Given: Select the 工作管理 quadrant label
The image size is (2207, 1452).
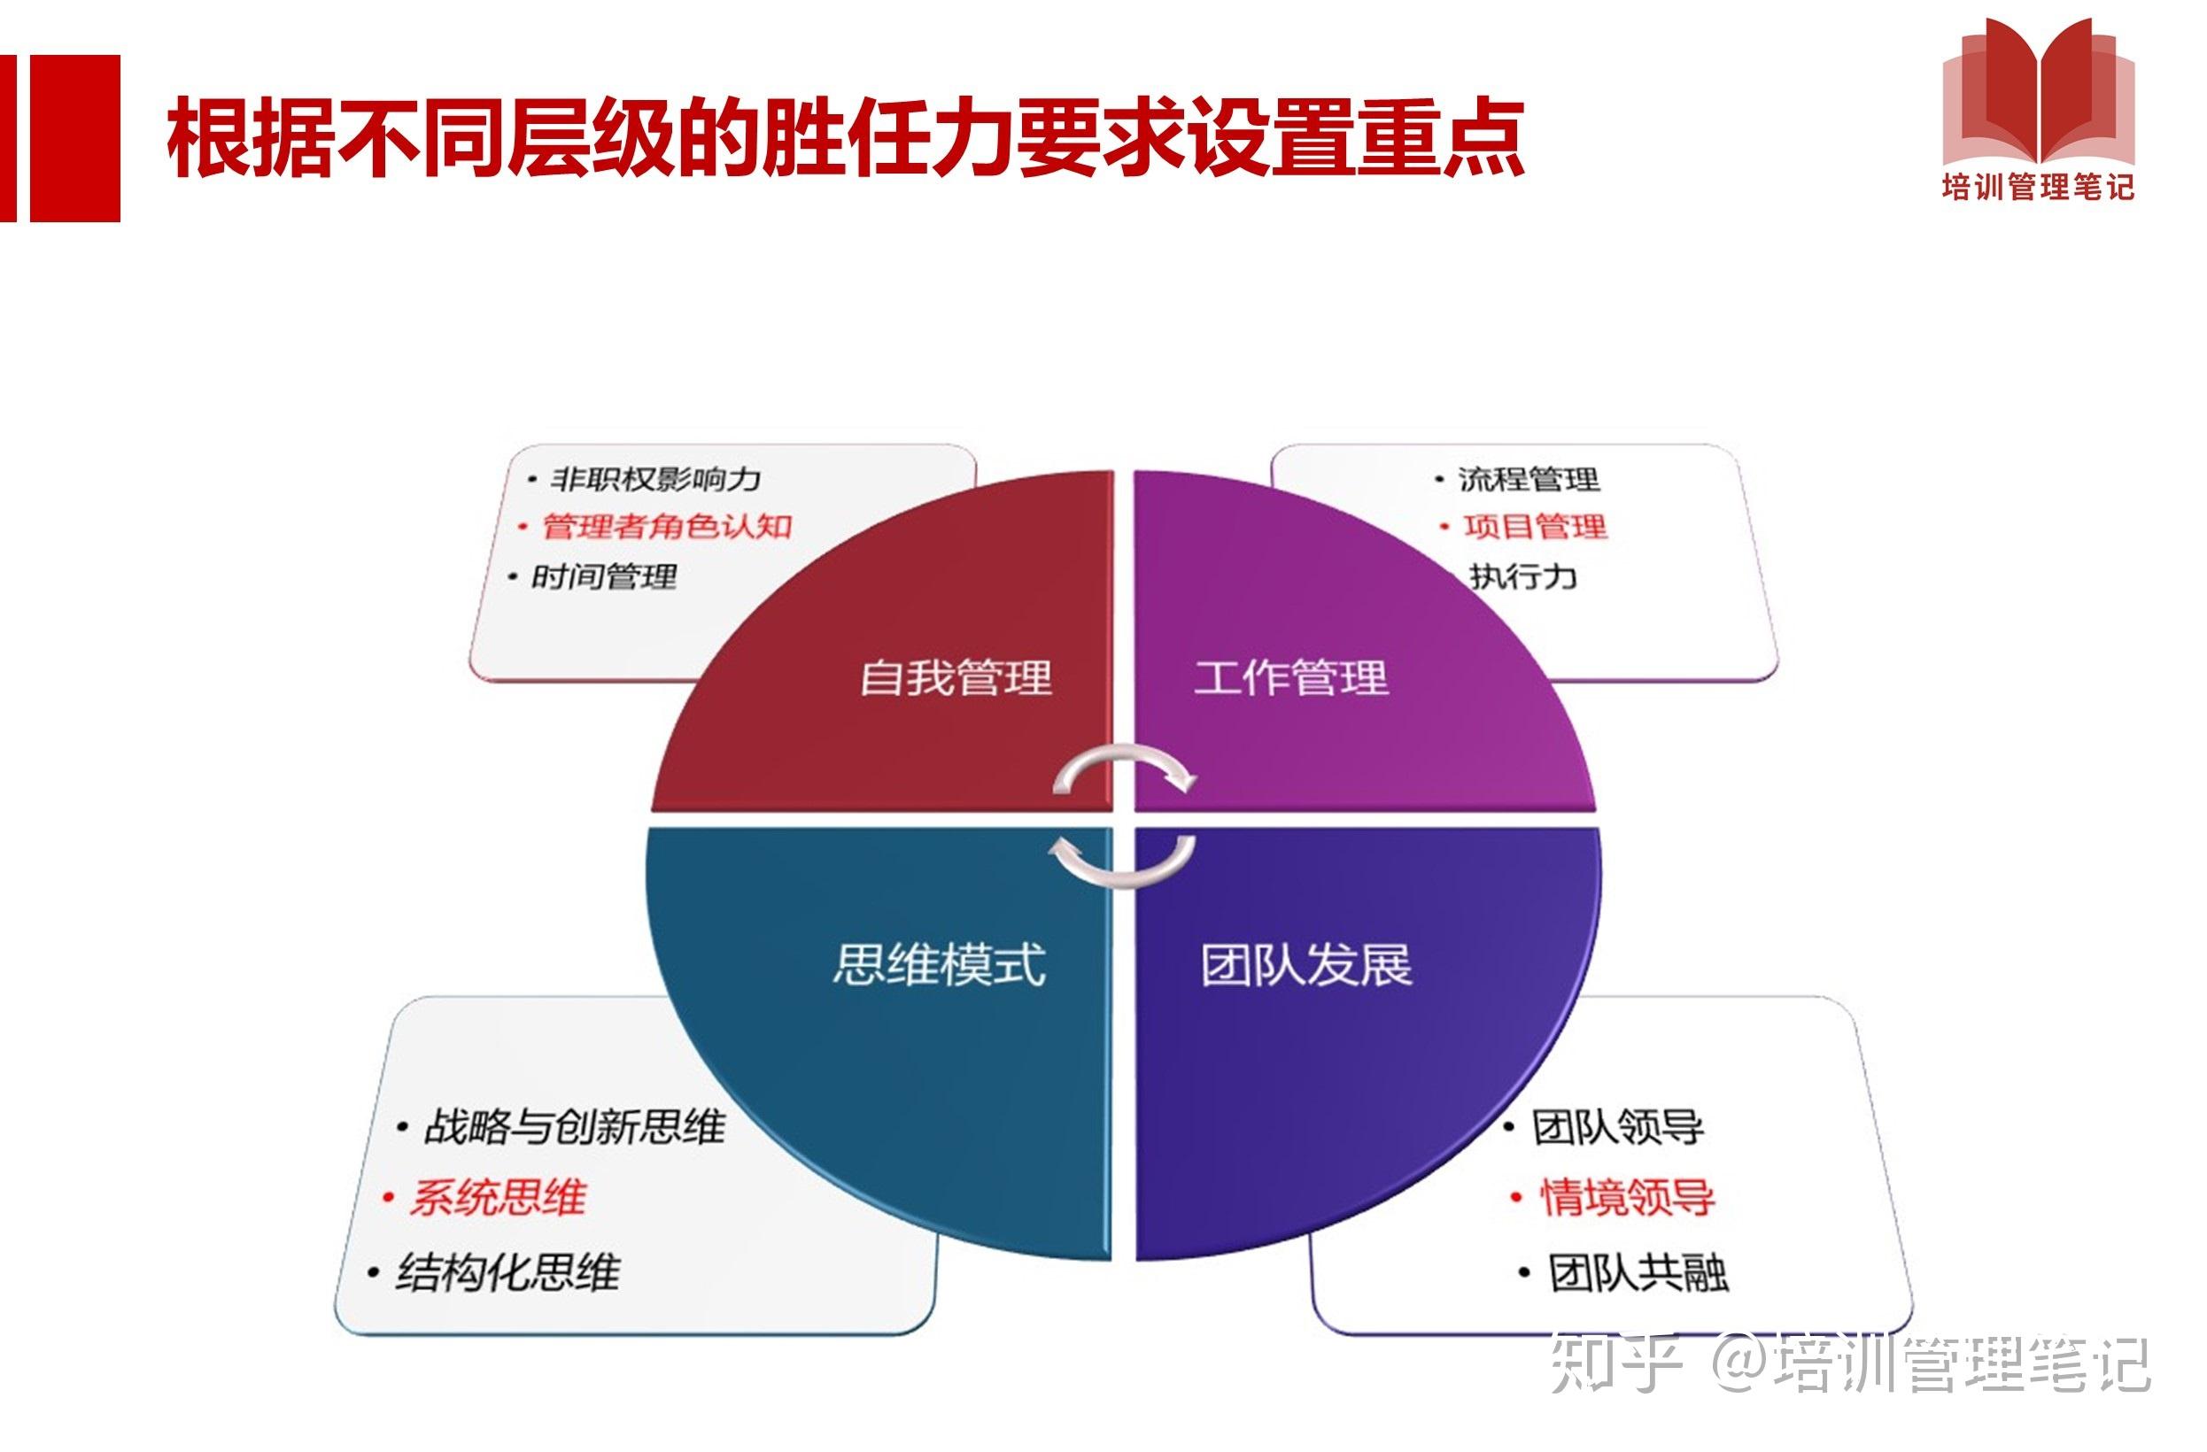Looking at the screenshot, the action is (x=1291, y=678).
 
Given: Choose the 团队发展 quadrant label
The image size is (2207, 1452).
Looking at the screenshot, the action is (x=1305, y=965).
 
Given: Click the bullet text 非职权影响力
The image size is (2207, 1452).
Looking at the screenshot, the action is (x=654, y=479).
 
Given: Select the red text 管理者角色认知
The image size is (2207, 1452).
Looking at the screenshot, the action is (x=667, y=527).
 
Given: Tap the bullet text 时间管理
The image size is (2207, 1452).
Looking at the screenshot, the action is (x=603, y=577).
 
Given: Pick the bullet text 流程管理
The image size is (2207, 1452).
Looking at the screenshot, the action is (x=1529, y=479).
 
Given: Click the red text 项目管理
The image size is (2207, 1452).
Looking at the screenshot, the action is (x=1535, y=527).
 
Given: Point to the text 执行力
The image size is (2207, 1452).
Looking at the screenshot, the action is (x=1522, y=576).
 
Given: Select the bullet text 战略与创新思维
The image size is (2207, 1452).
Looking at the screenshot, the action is (x=574, y=1127).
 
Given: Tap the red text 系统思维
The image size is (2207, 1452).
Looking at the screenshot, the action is (x=498, y=1198).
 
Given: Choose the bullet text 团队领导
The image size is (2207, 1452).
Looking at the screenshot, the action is (x=1617, y=1127).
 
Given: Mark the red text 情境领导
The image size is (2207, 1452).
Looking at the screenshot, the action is (x=1628, y=1198).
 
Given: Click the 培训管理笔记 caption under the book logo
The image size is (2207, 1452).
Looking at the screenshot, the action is (x=2038, y=189).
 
